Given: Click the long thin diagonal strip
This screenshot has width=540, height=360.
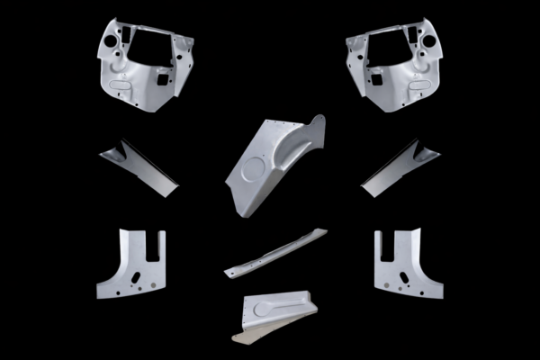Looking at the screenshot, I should coord(274,251).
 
